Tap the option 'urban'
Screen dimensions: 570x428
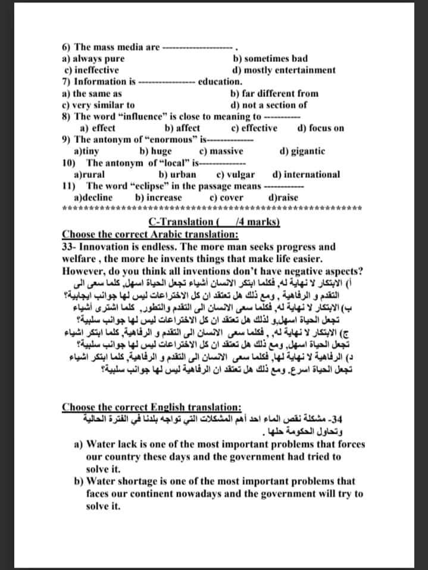click(174, 174)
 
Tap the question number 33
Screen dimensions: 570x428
click(68, 246)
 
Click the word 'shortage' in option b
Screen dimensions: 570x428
click(135, 481)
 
